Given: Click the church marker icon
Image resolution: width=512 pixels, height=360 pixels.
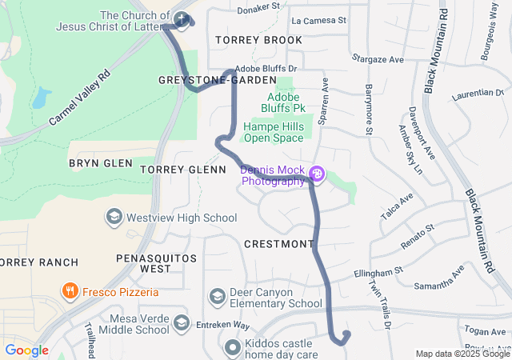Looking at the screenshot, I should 182,19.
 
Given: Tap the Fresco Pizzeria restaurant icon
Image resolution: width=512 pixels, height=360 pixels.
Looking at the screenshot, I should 71,291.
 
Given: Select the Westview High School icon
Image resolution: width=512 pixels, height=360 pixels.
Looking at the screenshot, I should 114,218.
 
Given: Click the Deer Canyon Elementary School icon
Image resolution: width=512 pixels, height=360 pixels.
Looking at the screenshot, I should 217,297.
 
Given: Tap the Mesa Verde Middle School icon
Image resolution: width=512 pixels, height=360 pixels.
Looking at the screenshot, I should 182,322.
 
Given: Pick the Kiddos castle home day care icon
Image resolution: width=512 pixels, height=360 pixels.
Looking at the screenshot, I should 232,347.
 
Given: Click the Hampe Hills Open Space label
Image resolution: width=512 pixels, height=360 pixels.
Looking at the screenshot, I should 274,132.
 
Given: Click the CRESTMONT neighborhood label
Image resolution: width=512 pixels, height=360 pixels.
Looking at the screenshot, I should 279,243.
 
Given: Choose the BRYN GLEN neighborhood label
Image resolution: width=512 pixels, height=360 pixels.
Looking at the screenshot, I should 100,162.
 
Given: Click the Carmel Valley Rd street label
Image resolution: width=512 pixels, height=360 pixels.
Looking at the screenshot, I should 79,100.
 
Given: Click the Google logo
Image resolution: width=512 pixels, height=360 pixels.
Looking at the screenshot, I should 26,350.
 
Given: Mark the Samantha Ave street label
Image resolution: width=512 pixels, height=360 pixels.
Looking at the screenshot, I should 438,281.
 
